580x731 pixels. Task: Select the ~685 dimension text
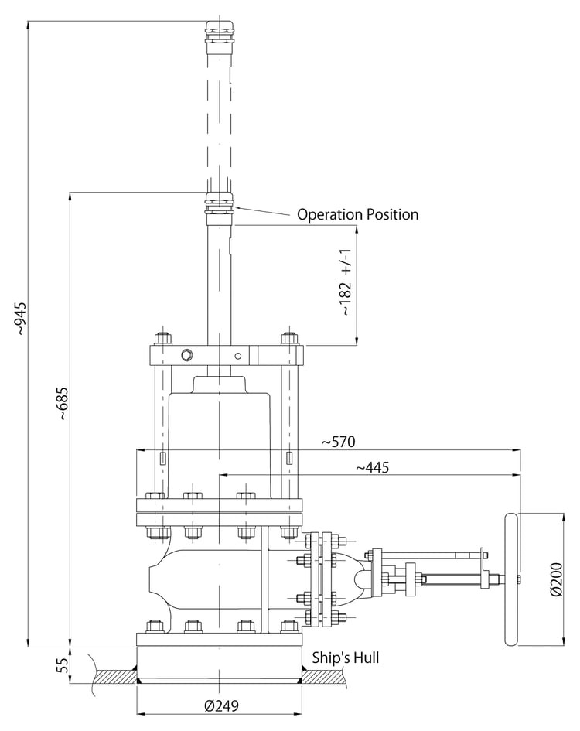click(63, 404)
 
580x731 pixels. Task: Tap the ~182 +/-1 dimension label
click(346, 282)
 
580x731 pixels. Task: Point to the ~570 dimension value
click(339, 442)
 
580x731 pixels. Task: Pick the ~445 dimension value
click(373, 467)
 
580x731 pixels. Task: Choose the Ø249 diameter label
click(221, 705)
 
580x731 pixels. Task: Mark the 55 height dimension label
click(63, 664)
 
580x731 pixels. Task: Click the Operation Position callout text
click(357, 214)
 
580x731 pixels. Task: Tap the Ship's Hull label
click(346, 658)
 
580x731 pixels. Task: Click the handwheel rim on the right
click(511, 579)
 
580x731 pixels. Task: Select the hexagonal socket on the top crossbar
click(187, 355)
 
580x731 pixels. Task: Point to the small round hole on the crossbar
click(237, 356)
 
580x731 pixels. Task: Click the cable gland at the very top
click(219, 31)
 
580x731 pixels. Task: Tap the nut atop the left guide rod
click(162, 338)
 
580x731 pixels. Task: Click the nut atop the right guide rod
click(289, 338)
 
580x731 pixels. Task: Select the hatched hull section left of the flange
click(114, 676)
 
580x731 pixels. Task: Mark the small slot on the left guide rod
click(162, 458)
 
